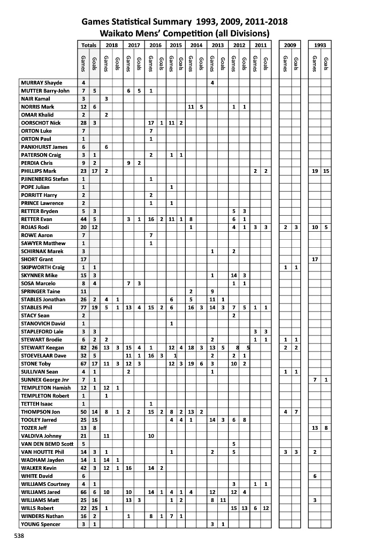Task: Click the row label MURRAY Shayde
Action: coord(42,83)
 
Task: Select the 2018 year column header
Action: coord(112,45)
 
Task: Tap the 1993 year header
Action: coord(321,45)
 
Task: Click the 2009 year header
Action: coord(291,45)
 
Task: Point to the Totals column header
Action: coord(88,45)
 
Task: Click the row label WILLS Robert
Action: coord(38,508)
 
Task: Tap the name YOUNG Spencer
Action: coord(41,524)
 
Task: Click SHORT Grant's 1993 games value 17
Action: coord(315,260)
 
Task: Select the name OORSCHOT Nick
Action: coord(41,123)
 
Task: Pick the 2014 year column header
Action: coord(196,45)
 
